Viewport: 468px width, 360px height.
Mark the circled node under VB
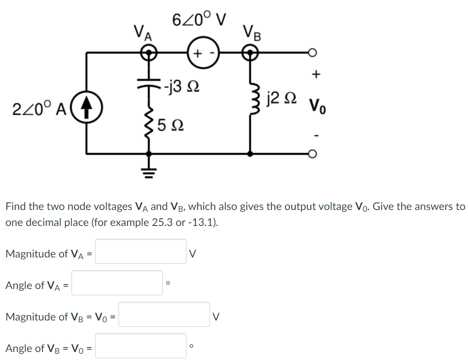(x=251, y=53)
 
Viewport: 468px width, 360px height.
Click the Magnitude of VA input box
(x=141, y=252)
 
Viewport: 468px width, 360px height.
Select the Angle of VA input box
(x=117, y=283)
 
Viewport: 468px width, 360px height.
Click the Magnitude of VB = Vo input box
(x=164, y=315)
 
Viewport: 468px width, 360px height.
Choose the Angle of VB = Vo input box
(x=141, y=346)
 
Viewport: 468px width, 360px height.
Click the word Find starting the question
(x=16, y=206)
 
